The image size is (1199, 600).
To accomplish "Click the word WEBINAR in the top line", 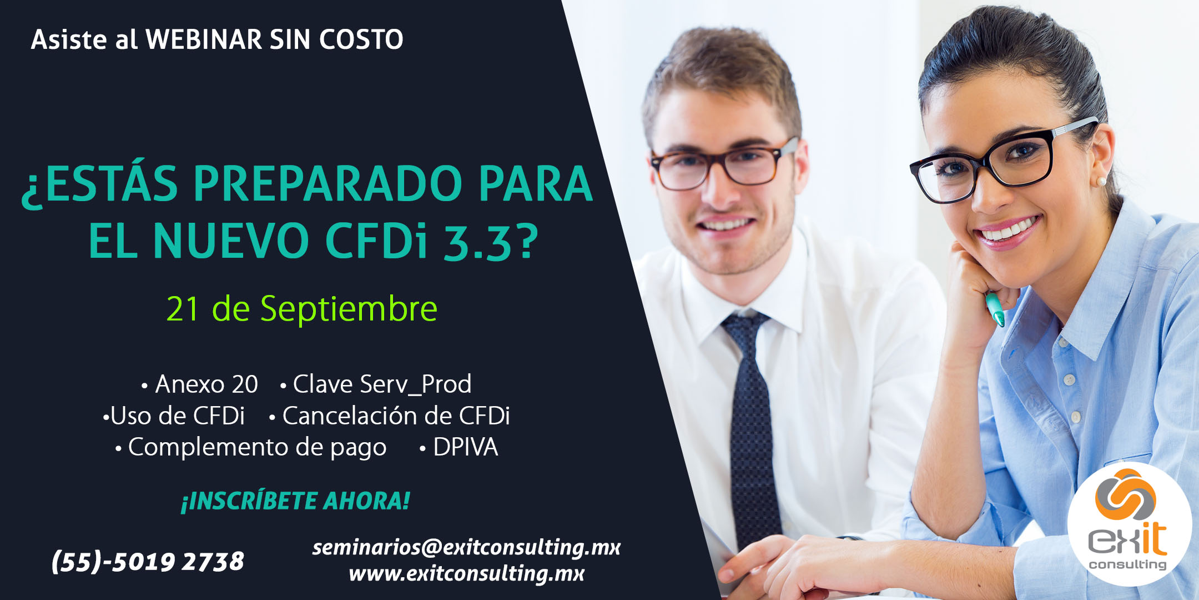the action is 204,39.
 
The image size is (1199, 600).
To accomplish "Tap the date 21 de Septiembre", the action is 302,309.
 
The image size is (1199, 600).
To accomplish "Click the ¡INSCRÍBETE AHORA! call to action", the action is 295,501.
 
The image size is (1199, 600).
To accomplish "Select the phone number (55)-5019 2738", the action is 148,561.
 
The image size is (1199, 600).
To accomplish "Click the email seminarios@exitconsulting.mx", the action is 466,547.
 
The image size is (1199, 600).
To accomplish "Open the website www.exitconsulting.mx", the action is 466,573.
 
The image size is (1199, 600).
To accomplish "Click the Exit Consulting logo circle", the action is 1129,524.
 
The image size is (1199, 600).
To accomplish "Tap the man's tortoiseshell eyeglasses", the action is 724,165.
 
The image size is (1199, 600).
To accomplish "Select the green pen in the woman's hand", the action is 995,309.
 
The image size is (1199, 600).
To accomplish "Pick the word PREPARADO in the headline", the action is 328,184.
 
